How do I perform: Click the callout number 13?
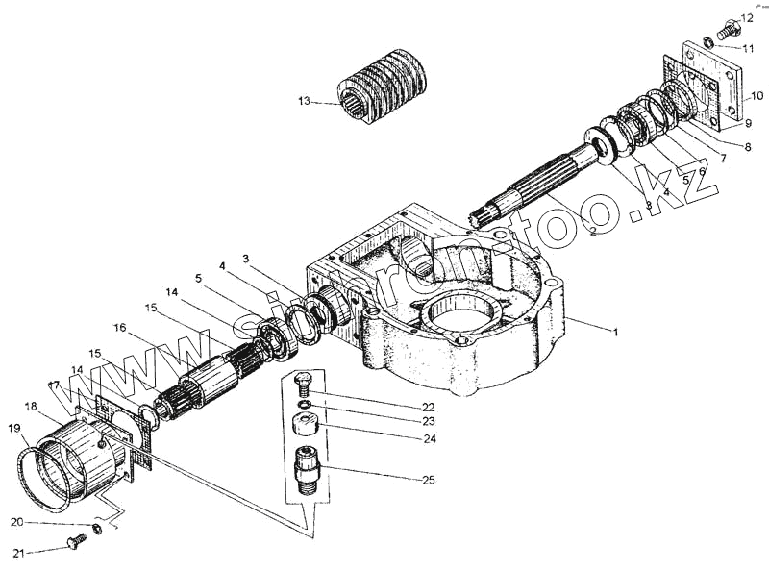304,101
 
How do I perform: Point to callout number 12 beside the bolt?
748,18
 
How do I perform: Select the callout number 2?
593,231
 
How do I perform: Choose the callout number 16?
118,327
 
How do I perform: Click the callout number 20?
16,522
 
